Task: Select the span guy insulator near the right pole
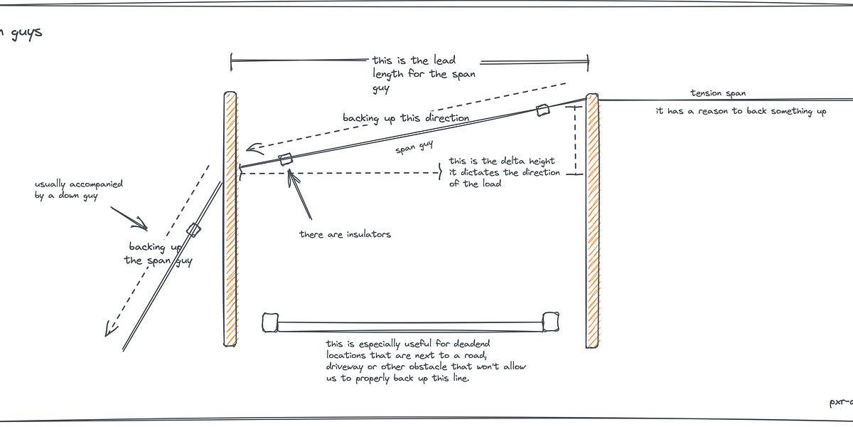point(542,110)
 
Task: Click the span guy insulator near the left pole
point(286,159)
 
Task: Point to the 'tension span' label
point(718,93)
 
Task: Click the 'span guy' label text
point(414,147)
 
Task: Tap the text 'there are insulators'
point(345,234)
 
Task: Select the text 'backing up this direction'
point(406,117)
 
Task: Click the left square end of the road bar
point(269,322)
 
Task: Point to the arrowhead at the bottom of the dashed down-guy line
point(109,329)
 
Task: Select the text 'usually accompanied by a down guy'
point(78,189)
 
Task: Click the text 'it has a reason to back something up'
point(741,111)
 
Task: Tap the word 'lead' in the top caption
point(442,61)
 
